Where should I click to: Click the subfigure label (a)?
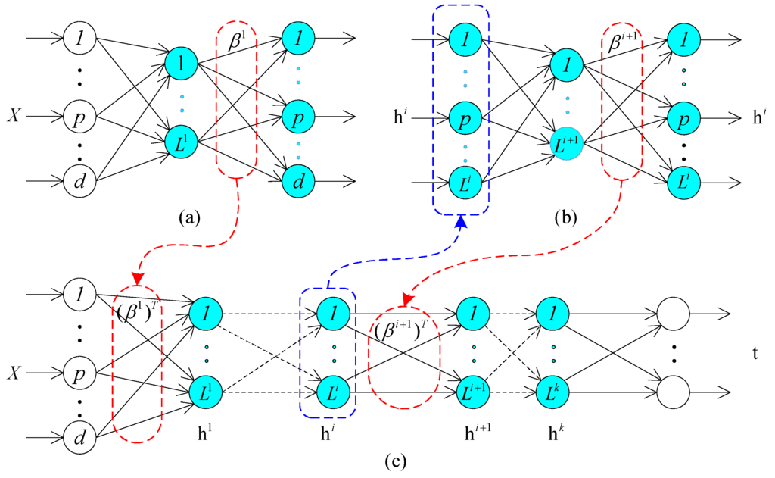(x=188, y=218)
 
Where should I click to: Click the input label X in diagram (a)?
(x=14, y=117)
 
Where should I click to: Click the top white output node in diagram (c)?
(x=674, y=313)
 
